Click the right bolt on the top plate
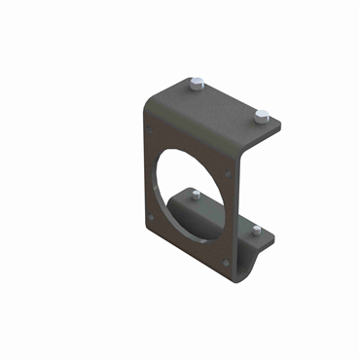click(260, 117)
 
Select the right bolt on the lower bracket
click(257, 230)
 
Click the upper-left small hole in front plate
click(149, 121)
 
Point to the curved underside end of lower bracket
click(255, 261)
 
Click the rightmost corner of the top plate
click(282, 125)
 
